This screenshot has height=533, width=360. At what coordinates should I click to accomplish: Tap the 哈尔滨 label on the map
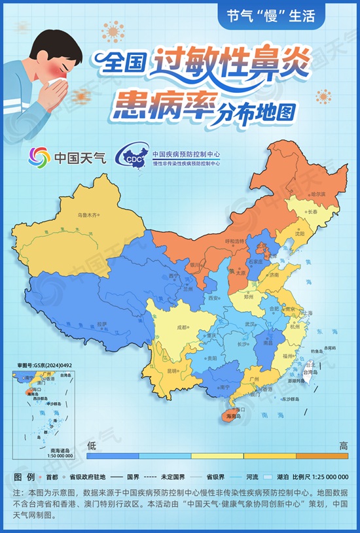pyautogui.click(x=318, y=194)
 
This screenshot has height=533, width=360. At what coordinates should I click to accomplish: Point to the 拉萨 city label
pyautogui.click(x=101, y=323)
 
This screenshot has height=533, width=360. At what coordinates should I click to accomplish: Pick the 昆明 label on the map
pyautogui.click(x=171, y=371)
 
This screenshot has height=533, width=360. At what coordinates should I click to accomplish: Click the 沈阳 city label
pyautogui.click(x=300, y=233)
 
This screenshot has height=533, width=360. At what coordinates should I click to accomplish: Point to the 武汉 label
pyautogui.click(x=250, y=324)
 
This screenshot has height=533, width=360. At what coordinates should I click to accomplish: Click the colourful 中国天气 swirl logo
pyautogui.click(x=40, y=157)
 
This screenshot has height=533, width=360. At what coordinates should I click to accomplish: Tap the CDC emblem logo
pyautogui.click(x=130, y=158)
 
